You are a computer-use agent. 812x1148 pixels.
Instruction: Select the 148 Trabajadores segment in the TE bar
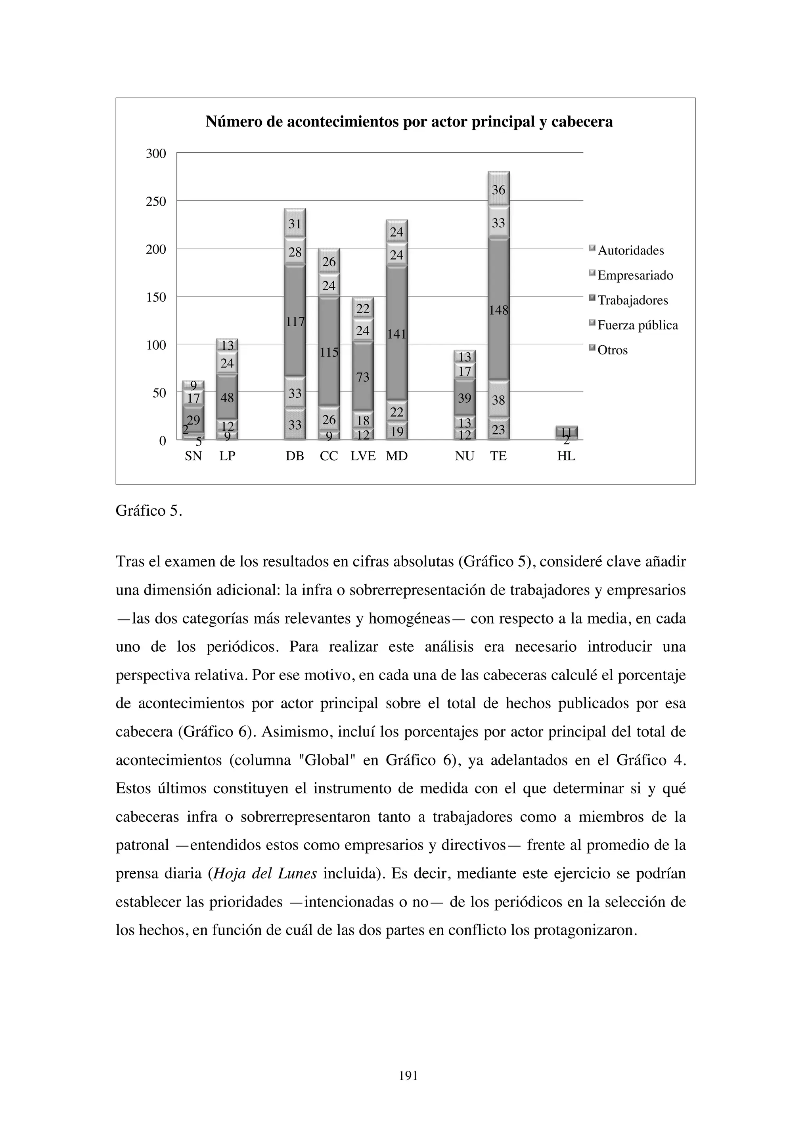point(498,310)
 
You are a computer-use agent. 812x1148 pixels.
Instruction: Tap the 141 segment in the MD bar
point(396,333)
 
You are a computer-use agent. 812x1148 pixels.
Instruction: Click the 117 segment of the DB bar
point(295,321)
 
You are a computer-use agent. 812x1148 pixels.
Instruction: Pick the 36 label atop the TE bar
point(498,189)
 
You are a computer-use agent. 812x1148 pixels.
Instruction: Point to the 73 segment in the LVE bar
point(363,377)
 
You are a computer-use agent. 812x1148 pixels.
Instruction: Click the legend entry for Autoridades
point(630,251)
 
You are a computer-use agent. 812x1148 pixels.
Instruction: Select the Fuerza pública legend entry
point(638,325)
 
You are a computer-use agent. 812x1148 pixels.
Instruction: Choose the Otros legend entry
point(613,350)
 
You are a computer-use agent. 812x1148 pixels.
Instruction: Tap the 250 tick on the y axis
point(155,201)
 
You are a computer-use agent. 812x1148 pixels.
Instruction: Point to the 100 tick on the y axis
point(155,345)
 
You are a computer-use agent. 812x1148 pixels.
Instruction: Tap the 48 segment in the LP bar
point(227,398)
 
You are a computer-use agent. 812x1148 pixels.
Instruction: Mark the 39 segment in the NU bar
point(465,398)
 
